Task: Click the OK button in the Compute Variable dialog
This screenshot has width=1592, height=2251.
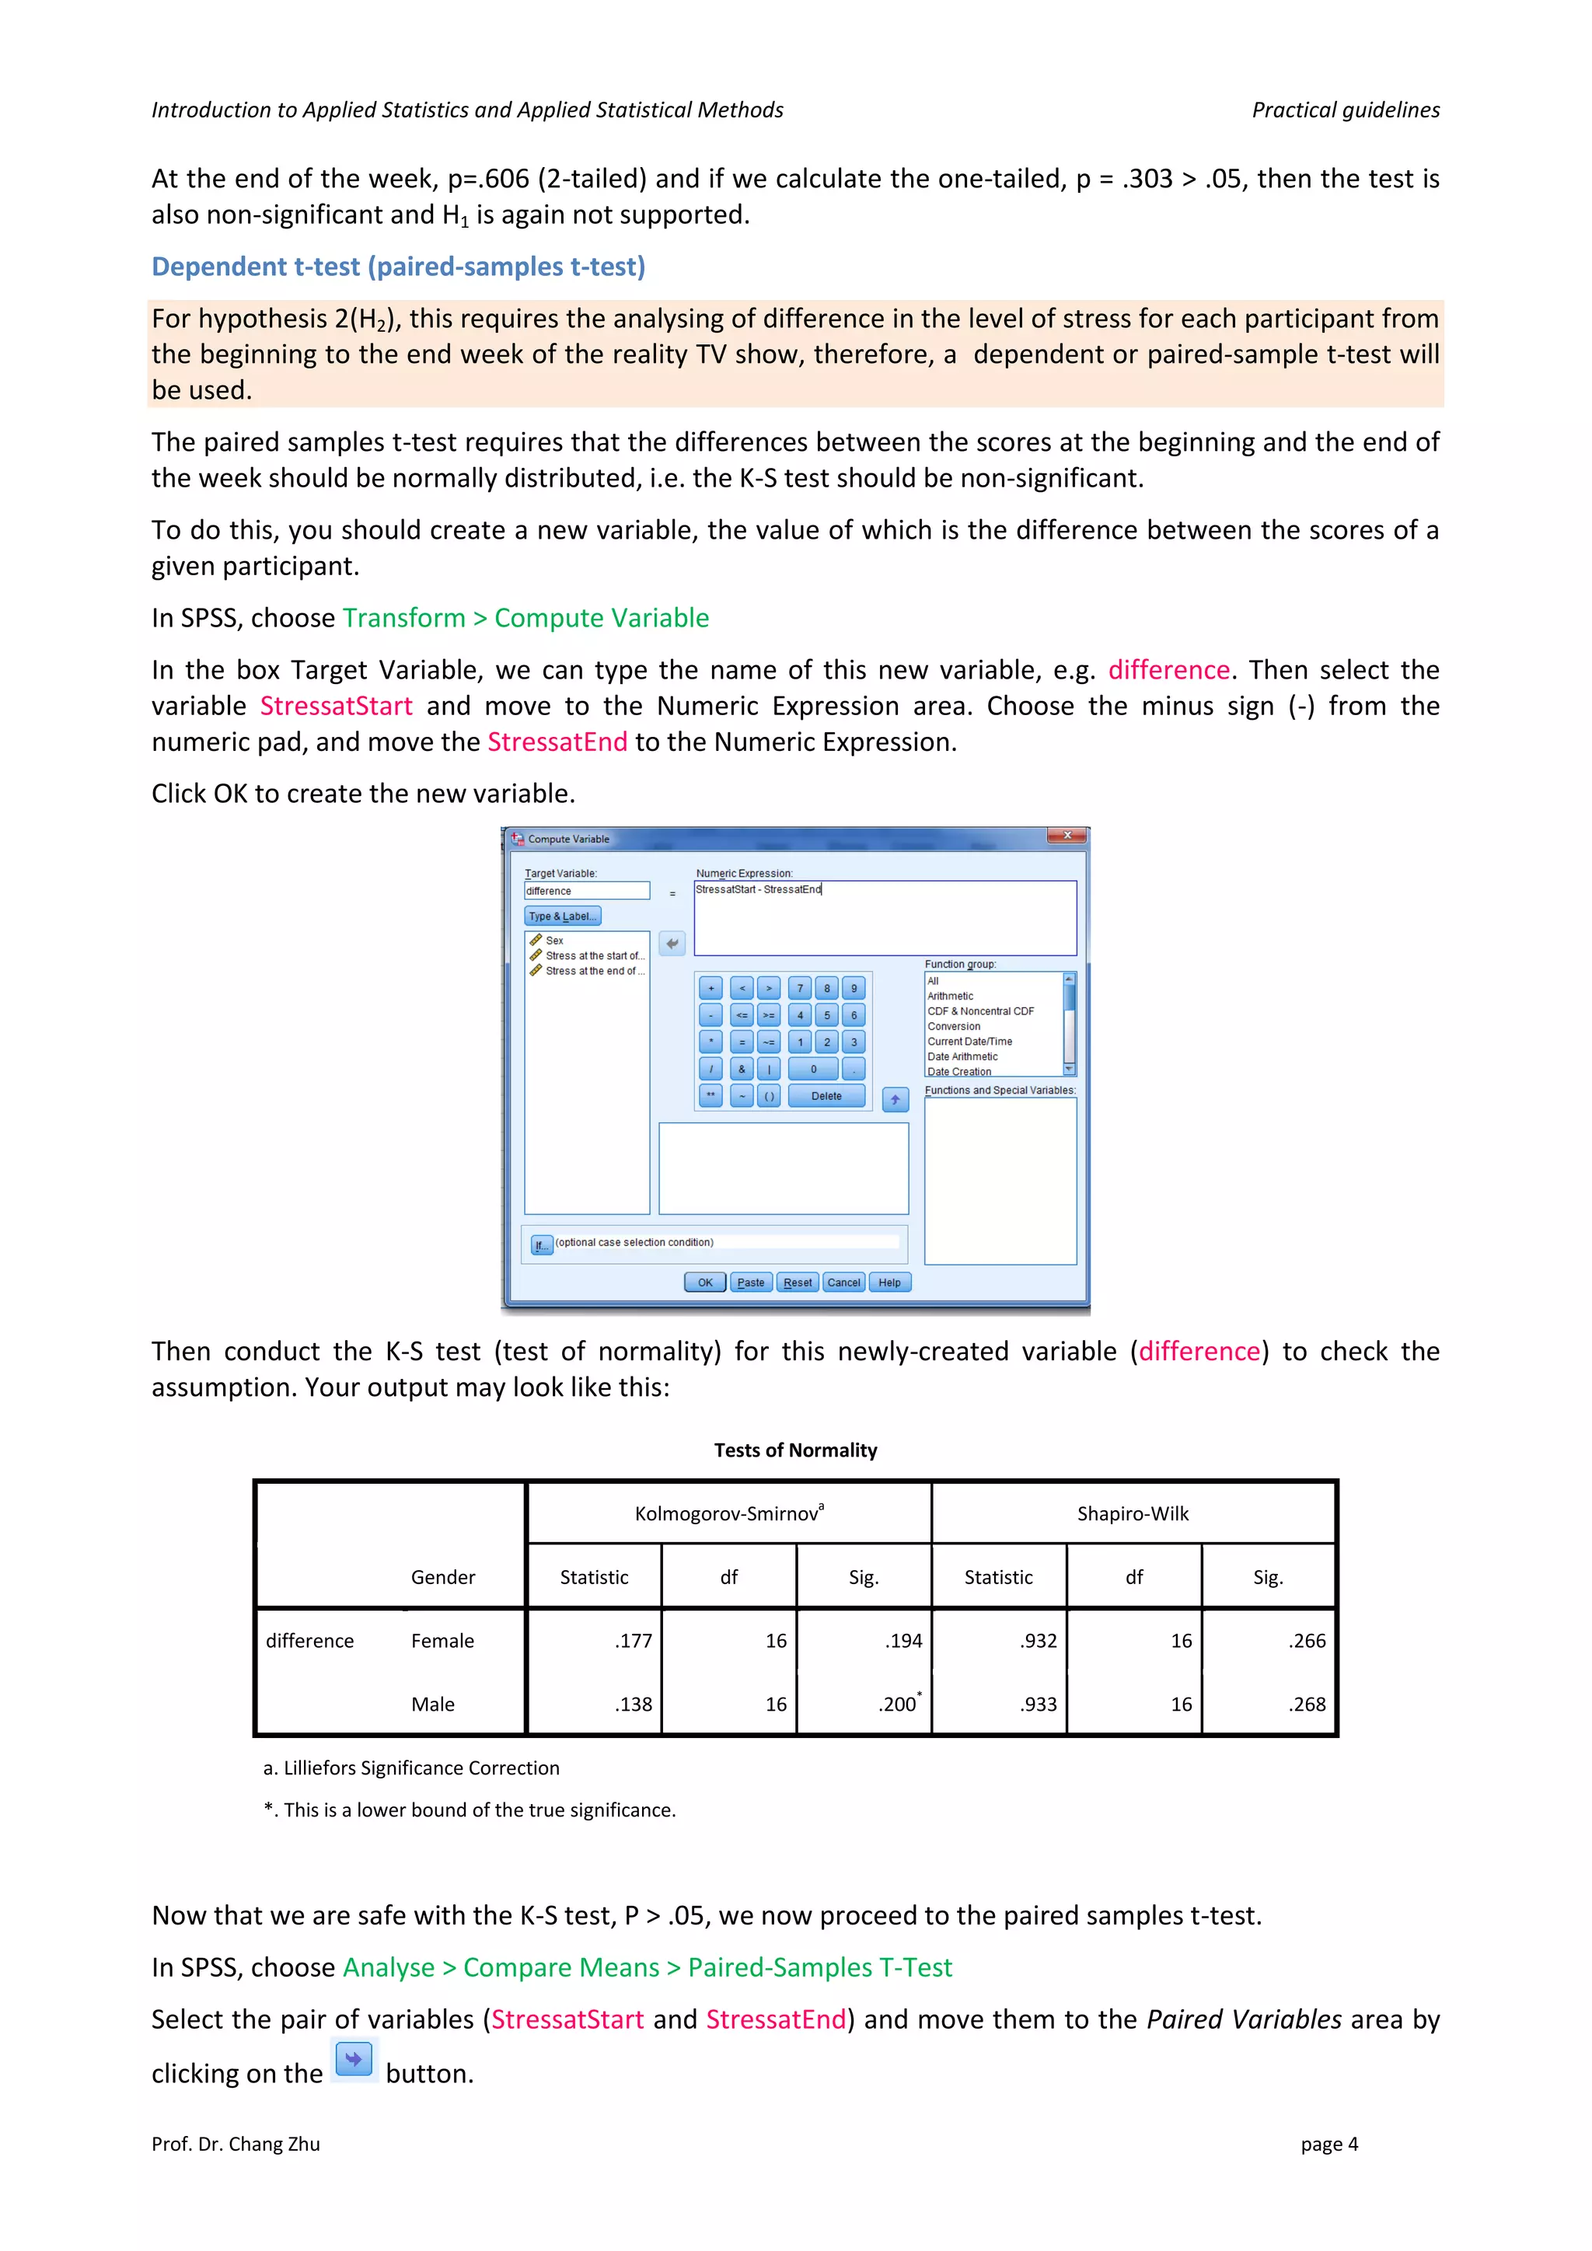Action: coord(705,1283)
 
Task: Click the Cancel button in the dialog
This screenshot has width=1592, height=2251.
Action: coord(843,1283)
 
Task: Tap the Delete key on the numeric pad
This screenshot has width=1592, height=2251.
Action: coord(826,1096)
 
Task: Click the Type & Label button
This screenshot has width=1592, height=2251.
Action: coord(563,916)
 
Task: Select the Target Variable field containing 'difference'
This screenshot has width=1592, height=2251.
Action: coord(586,890)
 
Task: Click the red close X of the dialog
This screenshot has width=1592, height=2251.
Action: coord(1067,836)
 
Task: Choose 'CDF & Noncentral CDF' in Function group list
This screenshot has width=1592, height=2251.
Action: coord(980,1010)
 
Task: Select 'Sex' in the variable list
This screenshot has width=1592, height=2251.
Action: coord(554,941)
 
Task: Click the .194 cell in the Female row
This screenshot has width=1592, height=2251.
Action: coord(902,1640)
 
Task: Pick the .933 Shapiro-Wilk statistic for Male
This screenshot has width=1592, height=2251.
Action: coord(1038,1704)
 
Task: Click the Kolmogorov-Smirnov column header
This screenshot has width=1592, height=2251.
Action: coord(728,1513)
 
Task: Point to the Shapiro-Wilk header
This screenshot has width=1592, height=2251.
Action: coord(1133,1513)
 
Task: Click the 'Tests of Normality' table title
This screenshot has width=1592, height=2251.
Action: coord(795,1450)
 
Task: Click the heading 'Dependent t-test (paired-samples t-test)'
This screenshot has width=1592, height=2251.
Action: coord(398,267)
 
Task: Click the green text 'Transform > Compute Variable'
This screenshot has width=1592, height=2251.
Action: coord(525,618)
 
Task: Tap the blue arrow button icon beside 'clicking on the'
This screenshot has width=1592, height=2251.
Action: coord(353,2059)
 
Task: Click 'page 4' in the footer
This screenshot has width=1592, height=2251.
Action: coord(1328,2145)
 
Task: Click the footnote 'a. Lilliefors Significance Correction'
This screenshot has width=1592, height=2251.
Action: coord(412,1768)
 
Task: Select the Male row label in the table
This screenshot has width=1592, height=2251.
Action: coord(432,1704)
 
